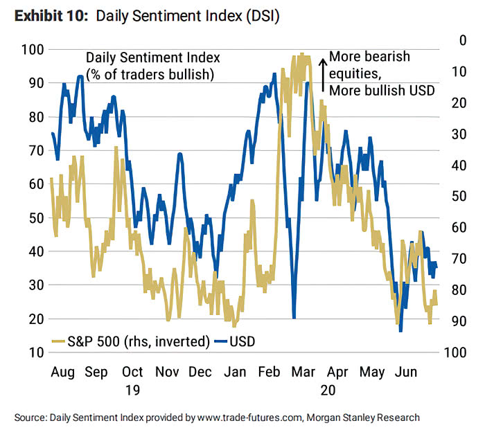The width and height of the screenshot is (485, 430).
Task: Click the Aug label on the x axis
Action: (64, 372)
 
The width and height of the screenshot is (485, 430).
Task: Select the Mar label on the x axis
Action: (303, 372)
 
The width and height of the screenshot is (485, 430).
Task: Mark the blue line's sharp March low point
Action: (294, 316)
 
